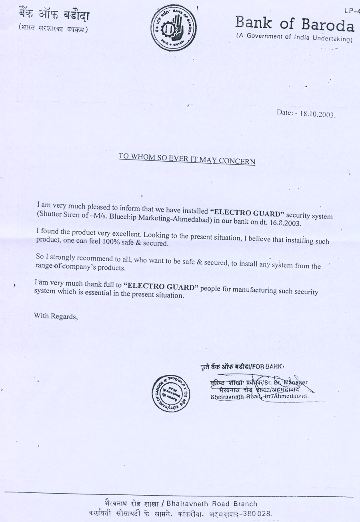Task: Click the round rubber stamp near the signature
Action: [x=170, y=393]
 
